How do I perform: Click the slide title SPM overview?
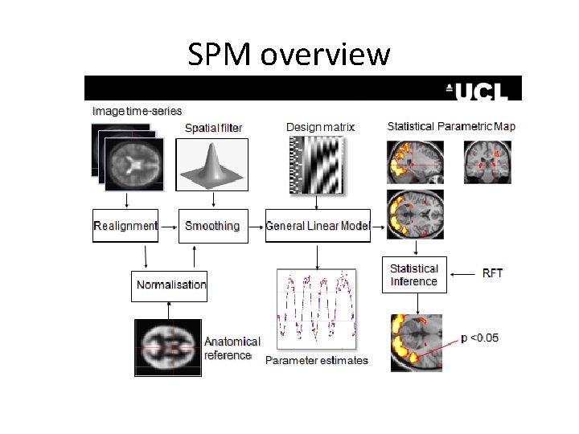[x=289, y=55]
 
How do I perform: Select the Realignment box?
[x=125, y=226]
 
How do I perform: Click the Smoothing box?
[x=212, y=226]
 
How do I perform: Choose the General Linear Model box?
[x=318, y=226]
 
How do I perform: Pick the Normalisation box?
[x=170, y=285]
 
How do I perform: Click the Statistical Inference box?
[x=413, y=275]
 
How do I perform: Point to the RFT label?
[x=492, y=273]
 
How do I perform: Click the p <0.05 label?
[x=480, y=338]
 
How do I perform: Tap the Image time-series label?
[x=138, y=111]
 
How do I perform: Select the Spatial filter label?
[x=213, y=128]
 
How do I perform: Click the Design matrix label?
[x=320, y=127]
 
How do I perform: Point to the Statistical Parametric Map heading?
[x=451, y=126]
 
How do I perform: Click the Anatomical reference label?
[x=232, y=348]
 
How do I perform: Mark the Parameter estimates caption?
[x=317, y=360]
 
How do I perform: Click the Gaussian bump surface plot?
[x=212, y=164]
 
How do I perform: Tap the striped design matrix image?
[x=317, y=166]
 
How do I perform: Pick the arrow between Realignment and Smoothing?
[x=169, y=227]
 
